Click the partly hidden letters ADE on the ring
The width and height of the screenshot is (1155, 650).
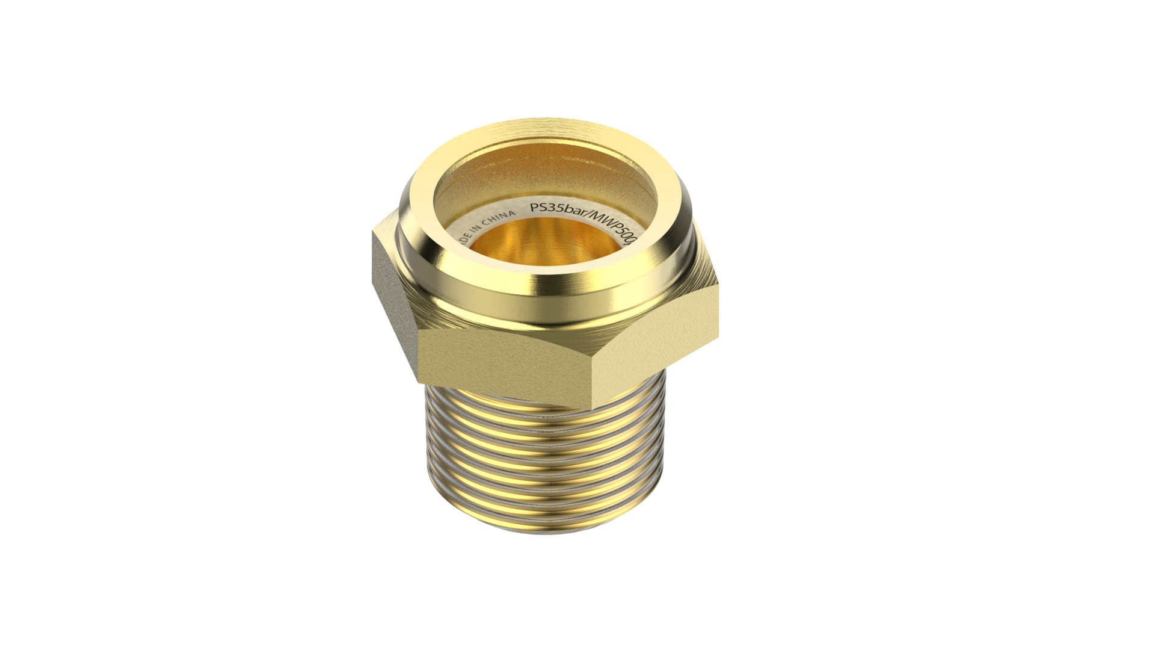click(467, 241)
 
